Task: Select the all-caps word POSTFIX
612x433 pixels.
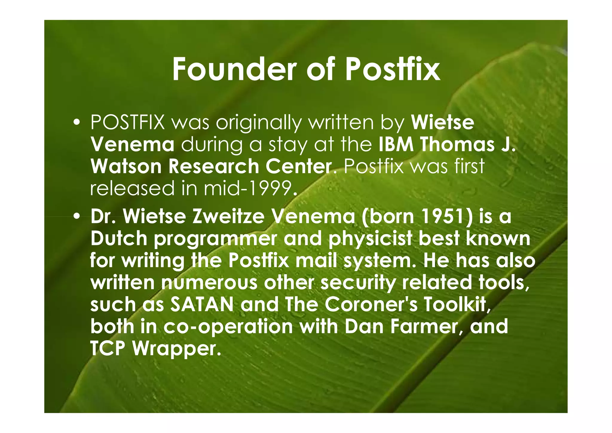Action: pos(128,122)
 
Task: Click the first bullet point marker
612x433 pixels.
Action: pos(77,123)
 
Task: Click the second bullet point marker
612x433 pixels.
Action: pos(77,217)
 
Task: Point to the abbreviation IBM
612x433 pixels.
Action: pos(396,145)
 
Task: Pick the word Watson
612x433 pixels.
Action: pos(126,166)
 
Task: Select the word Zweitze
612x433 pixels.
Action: pos(229,217)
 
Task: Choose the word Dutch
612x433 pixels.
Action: pos(119,238)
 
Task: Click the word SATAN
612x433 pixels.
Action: pos(202,304)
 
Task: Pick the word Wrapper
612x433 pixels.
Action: pos(177,348)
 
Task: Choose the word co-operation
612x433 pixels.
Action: pos(228,326)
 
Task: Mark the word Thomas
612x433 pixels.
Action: pos(457,145)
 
